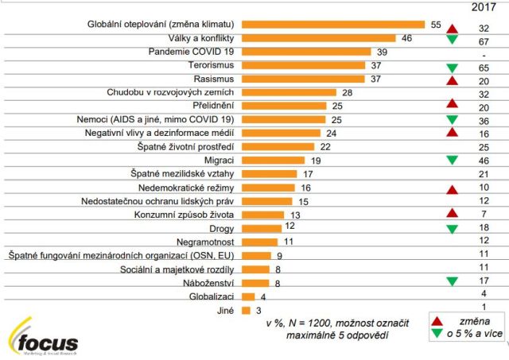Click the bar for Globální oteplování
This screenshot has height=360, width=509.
[333, 24]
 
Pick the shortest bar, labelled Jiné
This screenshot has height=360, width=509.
[246, 309]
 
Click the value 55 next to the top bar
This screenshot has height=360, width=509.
[436, 24]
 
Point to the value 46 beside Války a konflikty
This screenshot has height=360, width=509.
[406, 37]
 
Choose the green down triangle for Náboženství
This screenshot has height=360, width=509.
[453, 281]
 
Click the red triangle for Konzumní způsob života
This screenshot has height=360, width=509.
[453, 214]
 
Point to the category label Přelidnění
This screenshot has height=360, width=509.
[210, 106]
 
